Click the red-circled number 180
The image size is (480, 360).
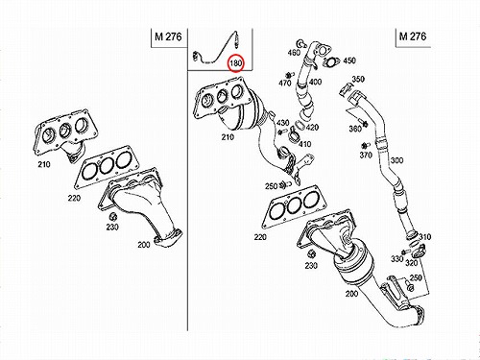point(235,63)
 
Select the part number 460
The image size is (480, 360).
point(294,52)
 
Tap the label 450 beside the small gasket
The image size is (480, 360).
point(349,60)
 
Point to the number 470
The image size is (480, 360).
point(285,83)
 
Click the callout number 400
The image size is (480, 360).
point(315,82)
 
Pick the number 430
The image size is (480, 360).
point(283,123)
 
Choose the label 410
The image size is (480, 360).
point(304,144)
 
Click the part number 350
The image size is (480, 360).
point(358,79)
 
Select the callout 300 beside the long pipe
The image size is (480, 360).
point(396,160)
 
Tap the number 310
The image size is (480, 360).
point(425,237)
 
